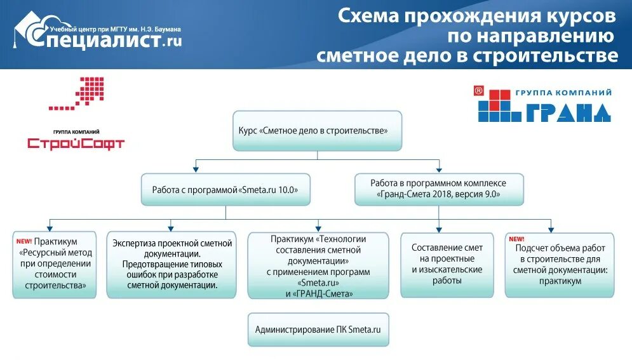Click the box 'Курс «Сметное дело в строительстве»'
tap(317, 131)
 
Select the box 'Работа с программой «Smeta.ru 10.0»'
tap(225, 189)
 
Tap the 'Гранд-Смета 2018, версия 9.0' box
tap(439, 189)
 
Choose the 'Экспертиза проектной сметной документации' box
tap(171, 265)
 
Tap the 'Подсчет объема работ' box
tap(560, 265)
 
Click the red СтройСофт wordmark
tap(76, 143)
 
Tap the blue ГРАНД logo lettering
tap(567, 112)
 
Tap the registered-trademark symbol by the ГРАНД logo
tap(479, 91)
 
